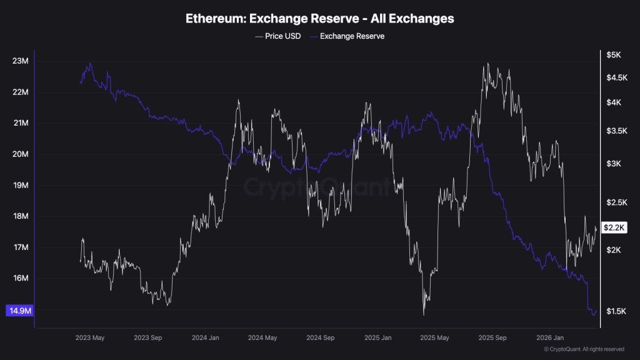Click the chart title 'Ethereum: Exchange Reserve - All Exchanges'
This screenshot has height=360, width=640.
pyautogui.click(x=319, y=19)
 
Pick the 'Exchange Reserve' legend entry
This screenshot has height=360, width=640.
pyautogui.click(x=351, y=36)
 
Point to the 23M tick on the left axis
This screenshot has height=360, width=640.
pyautogui.click(x=21, y=61)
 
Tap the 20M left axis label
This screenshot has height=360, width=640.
pyautogui.click(x=21, y=154)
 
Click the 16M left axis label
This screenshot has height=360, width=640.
pyautogui.click(x=21, y=279)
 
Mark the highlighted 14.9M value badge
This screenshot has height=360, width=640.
pyautogui.click(x=18, y=311)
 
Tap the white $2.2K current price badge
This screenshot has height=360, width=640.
pyautogui.click(x=613, y=227)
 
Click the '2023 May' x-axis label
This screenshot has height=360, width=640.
pyautogui.click(x=89, y=337)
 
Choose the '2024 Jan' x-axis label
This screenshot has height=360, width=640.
pyautogui.click(x=204, y=337)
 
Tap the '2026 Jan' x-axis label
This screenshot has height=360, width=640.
pyautogui.click(x=549, y=337)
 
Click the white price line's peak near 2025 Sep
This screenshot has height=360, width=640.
pyautogui.click(x=487, y=64)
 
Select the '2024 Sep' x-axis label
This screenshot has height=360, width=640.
pyautogui.click(x=320, y=337)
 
